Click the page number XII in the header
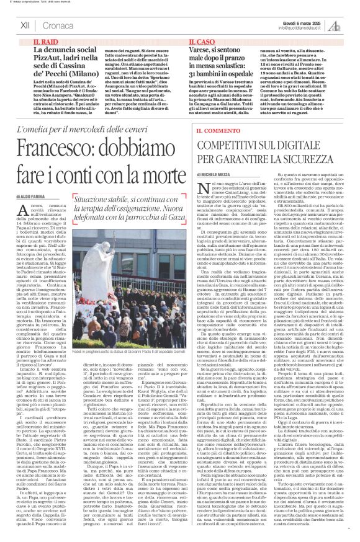pyautogui.click(x=25, y=25)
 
